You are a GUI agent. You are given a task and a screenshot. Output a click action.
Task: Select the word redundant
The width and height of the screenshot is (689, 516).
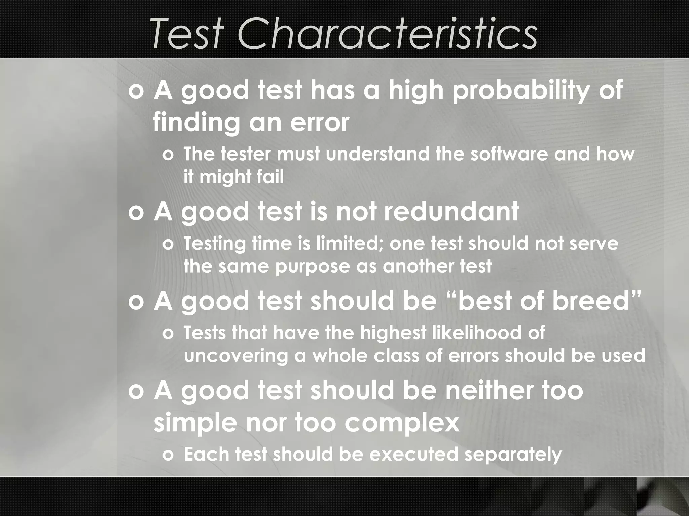[x=451, y=212]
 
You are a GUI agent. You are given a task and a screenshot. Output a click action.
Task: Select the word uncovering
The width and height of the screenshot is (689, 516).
[x=236, y=355]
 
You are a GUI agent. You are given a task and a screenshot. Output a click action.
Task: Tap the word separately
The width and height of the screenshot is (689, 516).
[x=513, y=454]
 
